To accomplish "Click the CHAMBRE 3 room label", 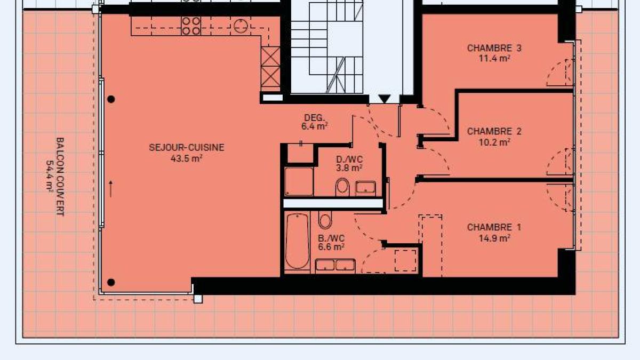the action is [494, 48].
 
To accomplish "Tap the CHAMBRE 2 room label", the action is [494, 131].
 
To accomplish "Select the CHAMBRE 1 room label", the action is [494, 227].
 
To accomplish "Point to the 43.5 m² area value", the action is [186, 158].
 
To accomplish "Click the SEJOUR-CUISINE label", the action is [187, 147].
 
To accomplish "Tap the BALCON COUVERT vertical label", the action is [60, 177].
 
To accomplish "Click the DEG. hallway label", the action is [315, 118].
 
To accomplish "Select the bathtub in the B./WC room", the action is [297, 242].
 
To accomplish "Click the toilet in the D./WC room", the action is [342, 187].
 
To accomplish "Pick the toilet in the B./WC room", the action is [325, 220].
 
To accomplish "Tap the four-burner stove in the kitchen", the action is [191, 26].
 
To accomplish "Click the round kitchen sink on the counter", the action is [241, 26].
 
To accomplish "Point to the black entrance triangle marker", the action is [385, 99].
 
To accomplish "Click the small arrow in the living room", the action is [111, 189].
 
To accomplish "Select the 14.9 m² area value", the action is [494, 238].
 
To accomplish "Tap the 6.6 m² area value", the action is [331, 247].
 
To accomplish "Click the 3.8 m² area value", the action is [349, 168].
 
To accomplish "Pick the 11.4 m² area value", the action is [494, 58].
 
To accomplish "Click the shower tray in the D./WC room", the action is [299, 182].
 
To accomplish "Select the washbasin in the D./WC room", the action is [365, 188].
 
